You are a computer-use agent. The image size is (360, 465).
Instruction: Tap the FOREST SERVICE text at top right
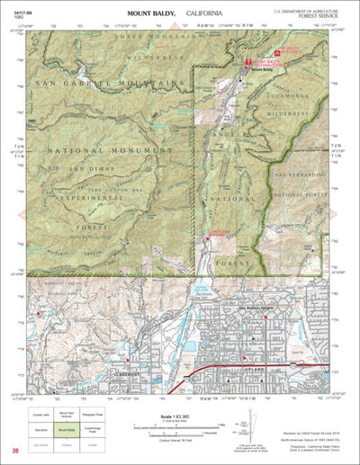click(x=320, y=14)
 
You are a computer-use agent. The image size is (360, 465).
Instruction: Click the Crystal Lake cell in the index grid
click(x=42, y=417)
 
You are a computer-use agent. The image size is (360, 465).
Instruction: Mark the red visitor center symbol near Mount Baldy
click(x=247, y=61)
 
